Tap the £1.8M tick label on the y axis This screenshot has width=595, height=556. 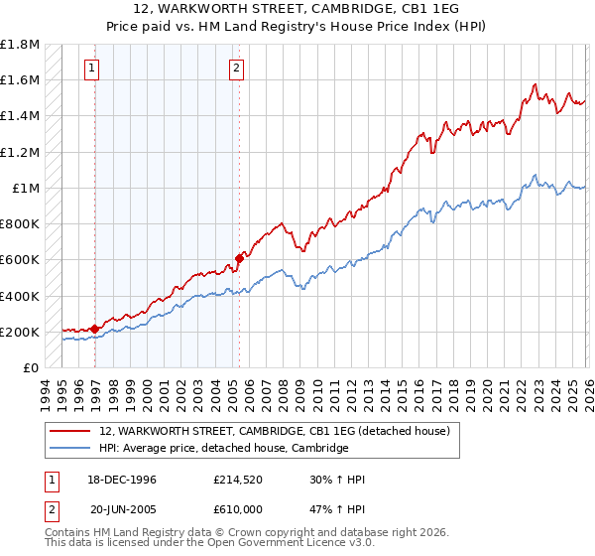[x=20, y=45]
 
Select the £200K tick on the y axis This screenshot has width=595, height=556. [x=20, y=332]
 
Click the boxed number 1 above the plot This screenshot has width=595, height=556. [x=91, y=69]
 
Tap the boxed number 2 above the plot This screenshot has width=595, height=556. [x=237, y=69]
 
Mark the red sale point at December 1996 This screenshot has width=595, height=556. [x=95, y=329]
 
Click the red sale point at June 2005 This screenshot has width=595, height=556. [x=239, y=258]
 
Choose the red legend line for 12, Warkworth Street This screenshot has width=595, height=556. [x=70, y=431]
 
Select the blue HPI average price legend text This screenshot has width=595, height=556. [x=224, y=448]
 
